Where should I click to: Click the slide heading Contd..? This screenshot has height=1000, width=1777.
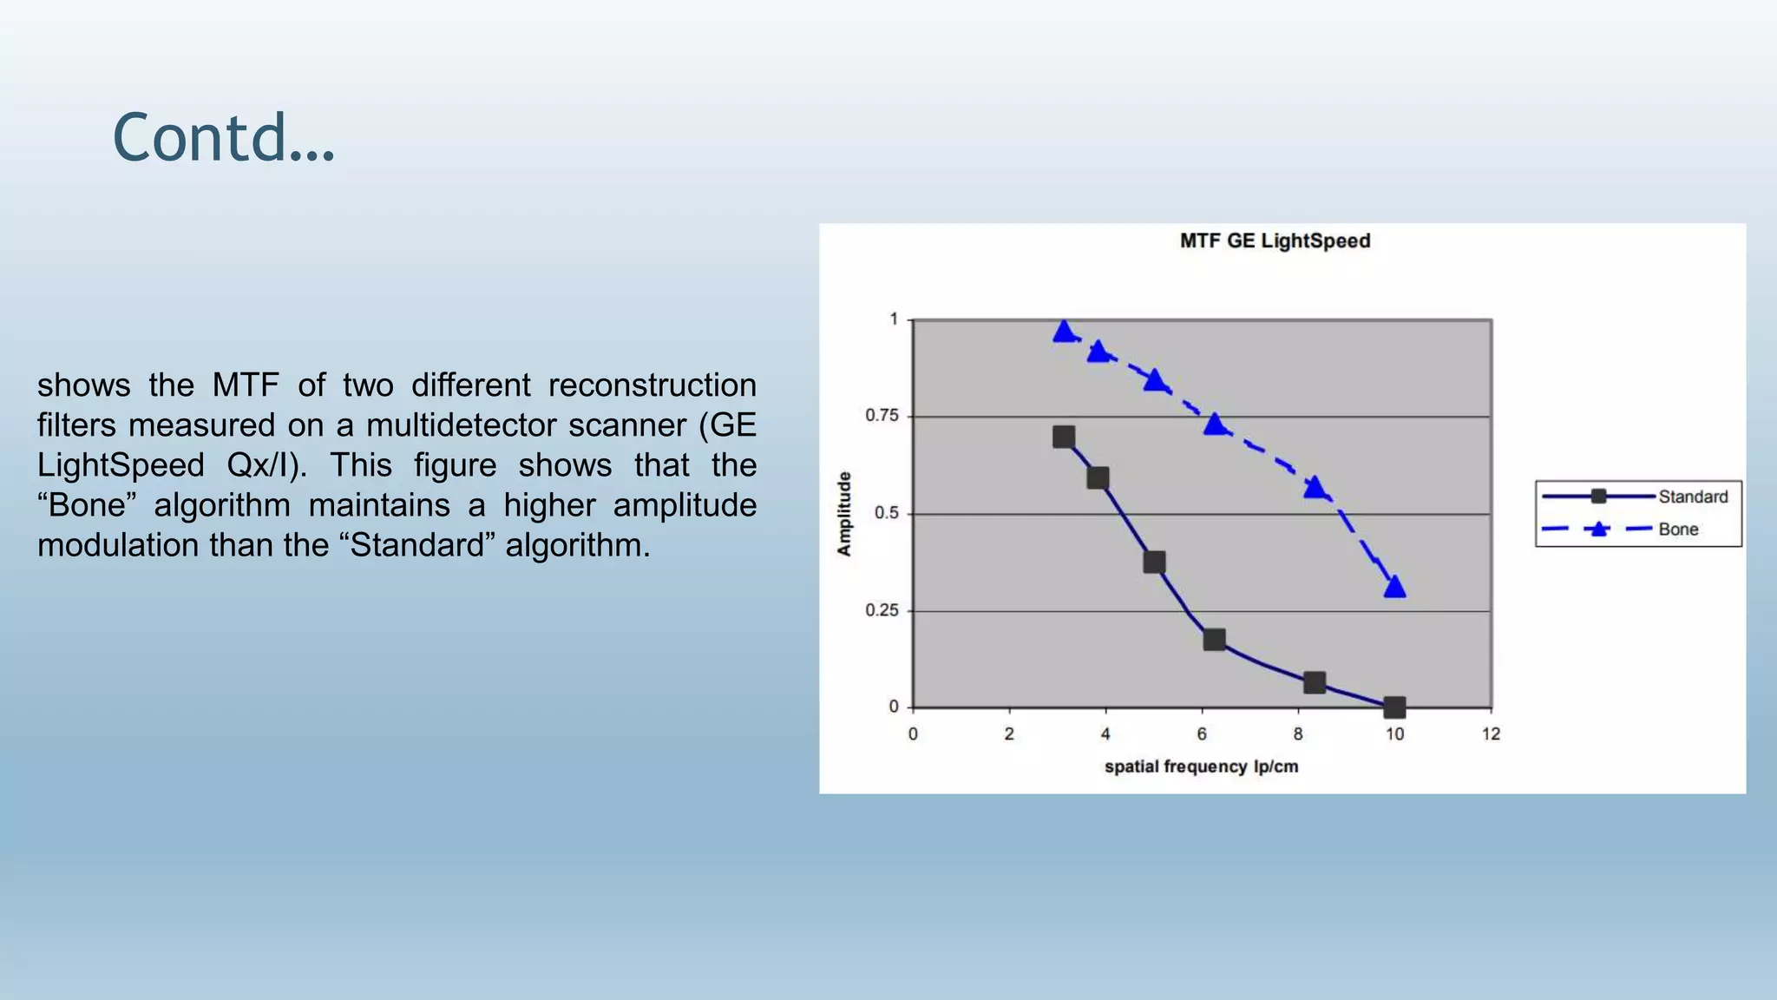point(223,138)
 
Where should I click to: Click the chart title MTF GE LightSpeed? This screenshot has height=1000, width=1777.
point(1275,241)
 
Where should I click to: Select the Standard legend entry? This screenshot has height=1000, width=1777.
point(1692,497)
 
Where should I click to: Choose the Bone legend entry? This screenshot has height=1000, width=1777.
point(1677,530)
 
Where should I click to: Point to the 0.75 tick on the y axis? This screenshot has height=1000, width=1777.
point(882,416)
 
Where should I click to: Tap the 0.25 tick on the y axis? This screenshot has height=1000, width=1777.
point(882,610)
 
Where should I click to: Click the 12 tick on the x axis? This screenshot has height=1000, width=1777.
point(1491,734)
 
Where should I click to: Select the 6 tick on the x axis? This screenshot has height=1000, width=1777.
point(1202,734)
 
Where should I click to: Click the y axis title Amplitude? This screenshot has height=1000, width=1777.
point(844,514)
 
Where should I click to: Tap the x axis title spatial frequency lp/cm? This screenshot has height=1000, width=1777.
point(1201,766)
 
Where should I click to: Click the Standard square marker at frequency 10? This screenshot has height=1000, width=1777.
point(1394,707)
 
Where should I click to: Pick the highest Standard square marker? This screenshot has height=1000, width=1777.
point(1064,437)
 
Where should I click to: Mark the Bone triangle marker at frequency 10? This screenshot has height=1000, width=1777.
point(1394,588)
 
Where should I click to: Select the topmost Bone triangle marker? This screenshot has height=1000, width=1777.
point(1065,331)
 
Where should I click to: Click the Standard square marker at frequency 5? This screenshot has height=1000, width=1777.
point(1154,562)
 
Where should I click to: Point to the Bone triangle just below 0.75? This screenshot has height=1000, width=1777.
point(1215,424)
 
